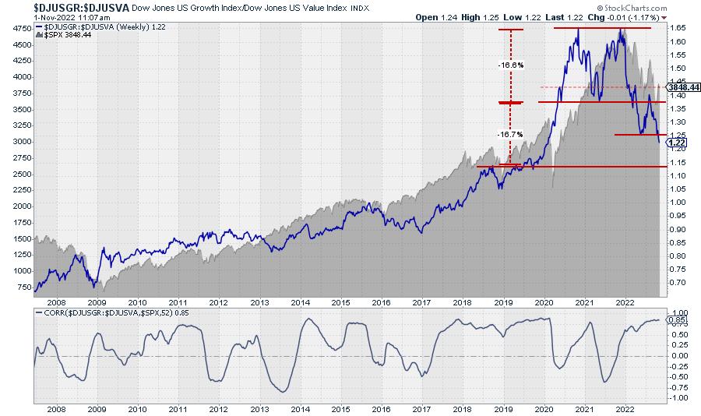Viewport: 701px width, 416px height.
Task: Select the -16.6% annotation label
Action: pos(510,65)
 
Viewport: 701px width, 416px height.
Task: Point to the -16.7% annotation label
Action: pos(510,134)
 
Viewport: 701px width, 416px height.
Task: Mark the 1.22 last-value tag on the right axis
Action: pos(678,143)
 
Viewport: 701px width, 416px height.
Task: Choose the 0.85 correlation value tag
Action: pos(678,319)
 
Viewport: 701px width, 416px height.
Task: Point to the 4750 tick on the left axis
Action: pos(21,29)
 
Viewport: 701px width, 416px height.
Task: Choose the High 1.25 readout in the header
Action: pos(488,16)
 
